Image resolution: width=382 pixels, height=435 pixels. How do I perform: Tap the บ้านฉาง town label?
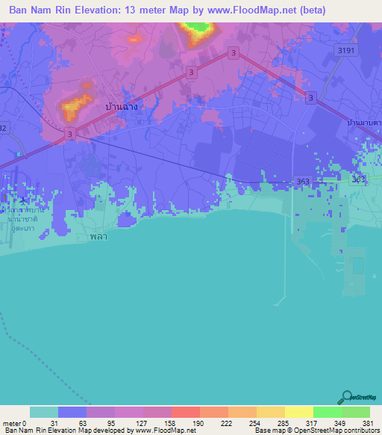(x=122, y=108)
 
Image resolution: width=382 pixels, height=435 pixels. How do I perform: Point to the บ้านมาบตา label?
(x=365, y=121)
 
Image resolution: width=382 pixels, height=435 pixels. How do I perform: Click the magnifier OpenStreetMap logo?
(x=345, y=397)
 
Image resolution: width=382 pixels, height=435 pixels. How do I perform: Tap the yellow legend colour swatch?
(x=298, y=412)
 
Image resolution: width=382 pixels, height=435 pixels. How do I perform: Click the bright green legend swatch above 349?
(x=327, y=412)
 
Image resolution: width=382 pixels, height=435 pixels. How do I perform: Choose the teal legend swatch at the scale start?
(x=44, y=412)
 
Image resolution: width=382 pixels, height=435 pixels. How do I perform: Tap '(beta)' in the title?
(x=310, y=10)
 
